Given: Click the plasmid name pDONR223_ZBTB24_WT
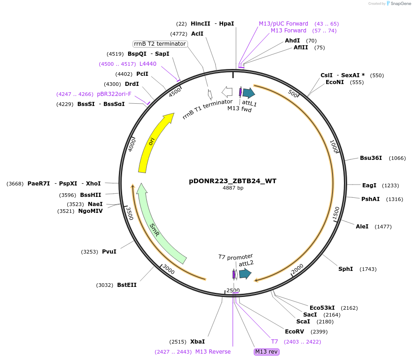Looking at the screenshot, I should pyautogui.click(x=232, y=181).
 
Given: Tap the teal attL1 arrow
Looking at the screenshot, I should pyautogui.click(x=248, y=93).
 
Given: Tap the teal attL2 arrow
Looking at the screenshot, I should pyautogui.click(x=245, y=274).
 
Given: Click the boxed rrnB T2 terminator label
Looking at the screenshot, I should pyautogui.click(x=160, y=44).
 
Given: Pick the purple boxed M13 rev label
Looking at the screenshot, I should pyautogui.click(x=267, y=351).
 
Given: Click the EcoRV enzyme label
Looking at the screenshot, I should pyautogui.click(x=294, y=332).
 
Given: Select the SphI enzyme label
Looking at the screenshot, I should pyautogui.click(x=345, y=269).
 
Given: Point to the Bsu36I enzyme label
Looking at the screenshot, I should pyautogui.click(x=370, y=158).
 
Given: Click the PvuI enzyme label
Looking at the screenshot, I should pyautogui.click(x=109, y=252).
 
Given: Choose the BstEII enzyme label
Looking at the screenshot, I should pyautogui.click(x=127, y=285).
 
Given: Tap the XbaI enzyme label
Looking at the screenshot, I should pyautogui.click(x=197, y=342).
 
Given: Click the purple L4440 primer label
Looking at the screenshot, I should pyautogui.click(x=148, y=64).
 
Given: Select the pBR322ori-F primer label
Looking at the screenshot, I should pyautogui.click(x=114, y=94).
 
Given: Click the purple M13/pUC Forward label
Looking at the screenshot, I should pyautogui.click(x=284, y=24).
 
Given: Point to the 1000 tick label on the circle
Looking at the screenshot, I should pyautogui.click(x=333, y=147).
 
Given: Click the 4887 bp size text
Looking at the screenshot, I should pyautogui.click(x=233, y=188).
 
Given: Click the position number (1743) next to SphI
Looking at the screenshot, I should pyautogui.click(x=368, y=269).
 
